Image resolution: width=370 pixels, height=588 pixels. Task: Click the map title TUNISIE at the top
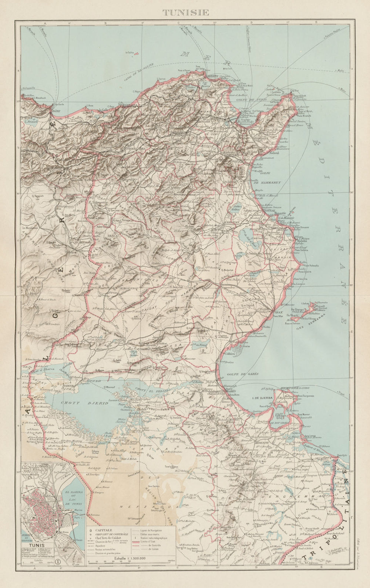tap(186, 12)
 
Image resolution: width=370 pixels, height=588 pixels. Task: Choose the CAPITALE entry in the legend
tap(104, 530)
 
